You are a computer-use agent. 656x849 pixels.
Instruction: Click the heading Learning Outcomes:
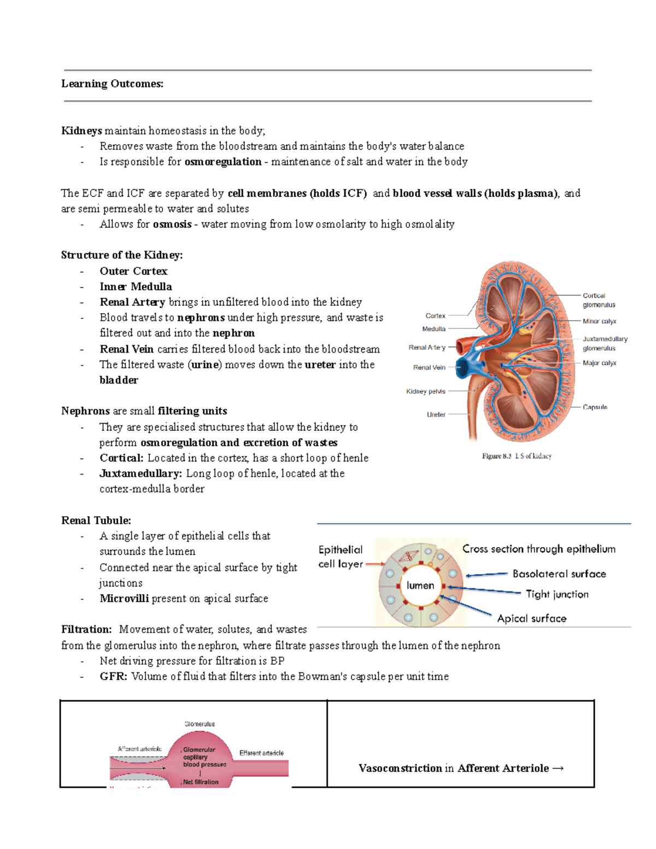point(112,84)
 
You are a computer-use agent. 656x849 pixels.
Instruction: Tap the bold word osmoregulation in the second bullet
point(223,162)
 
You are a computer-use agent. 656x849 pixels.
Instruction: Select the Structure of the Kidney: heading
point(122,255)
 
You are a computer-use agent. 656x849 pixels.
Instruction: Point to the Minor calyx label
point(599,321)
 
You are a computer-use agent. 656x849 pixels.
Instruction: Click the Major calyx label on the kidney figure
point(599,363)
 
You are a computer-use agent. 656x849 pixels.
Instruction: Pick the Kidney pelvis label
point(425,391)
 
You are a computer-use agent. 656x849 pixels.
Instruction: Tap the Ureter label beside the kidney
point(436,414)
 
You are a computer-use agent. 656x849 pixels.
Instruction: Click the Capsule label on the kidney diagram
point(595,407)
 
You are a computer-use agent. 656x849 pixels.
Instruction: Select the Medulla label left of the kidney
point(434,329)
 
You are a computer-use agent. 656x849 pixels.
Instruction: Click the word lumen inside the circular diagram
point(420,585)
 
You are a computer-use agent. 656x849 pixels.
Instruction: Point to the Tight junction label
point(557,594)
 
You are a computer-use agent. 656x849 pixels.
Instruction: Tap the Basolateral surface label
point(559,574)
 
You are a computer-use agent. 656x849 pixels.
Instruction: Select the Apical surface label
point(531,618)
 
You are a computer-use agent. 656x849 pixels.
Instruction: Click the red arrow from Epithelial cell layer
point(375,564)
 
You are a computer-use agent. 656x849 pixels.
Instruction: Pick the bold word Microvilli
point(124,599)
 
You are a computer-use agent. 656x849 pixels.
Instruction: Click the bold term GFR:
point(113,677)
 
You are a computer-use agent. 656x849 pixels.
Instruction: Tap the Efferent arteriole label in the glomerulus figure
point(261,753)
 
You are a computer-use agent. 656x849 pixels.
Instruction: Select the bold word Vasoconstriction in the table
point(400,769)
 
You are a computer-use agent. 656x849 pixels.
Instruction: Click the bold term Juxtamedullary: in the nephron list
point(140,473)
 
